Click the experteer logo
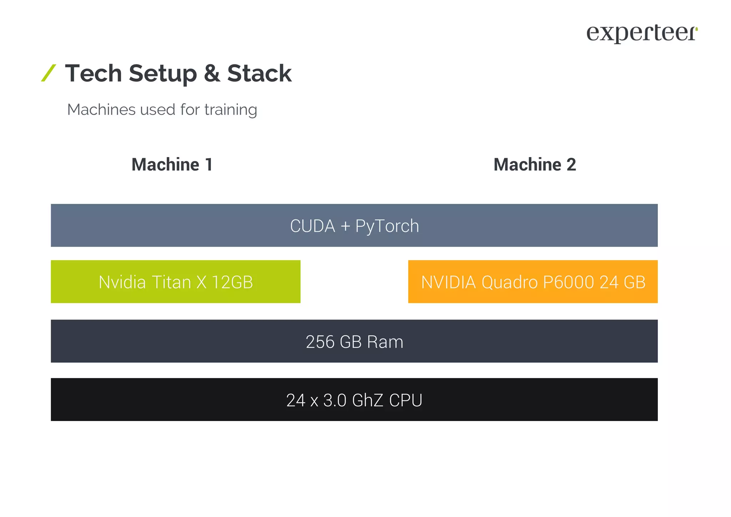pyautogui.click(x=641, y=34)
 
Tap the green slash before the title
pyautogui.click(x=49, y=73)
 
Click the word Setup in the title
pyautogui.click(x=163, y=74)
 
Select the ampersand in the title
pyautogui.click(x=212, y=74)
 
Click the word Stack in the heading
pyautogui.click(x=259, y=74)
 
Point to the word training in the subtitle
pyautogui.click(x=231, y=110)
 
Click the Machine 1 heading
pyautogui.click(x=172, y=165)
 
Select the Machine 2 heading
pyautogui.click(x=534, y=165)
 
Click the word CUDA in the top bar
pyautogui.click(x=313, y=226)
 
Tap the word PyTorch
pyautogui.click(x=387, y=226)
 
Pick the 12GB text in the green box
pyautogui.click(x=232, y=282)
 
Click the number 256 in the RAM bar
pyautogui.click(x=320, y=342)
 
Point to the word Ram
pyautogui.click(x=385, y=342)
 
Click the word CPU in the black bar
pyautogui.click(x=405, y=400)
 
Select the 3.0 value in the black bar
pyautogui.click(x=334, y=400)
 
